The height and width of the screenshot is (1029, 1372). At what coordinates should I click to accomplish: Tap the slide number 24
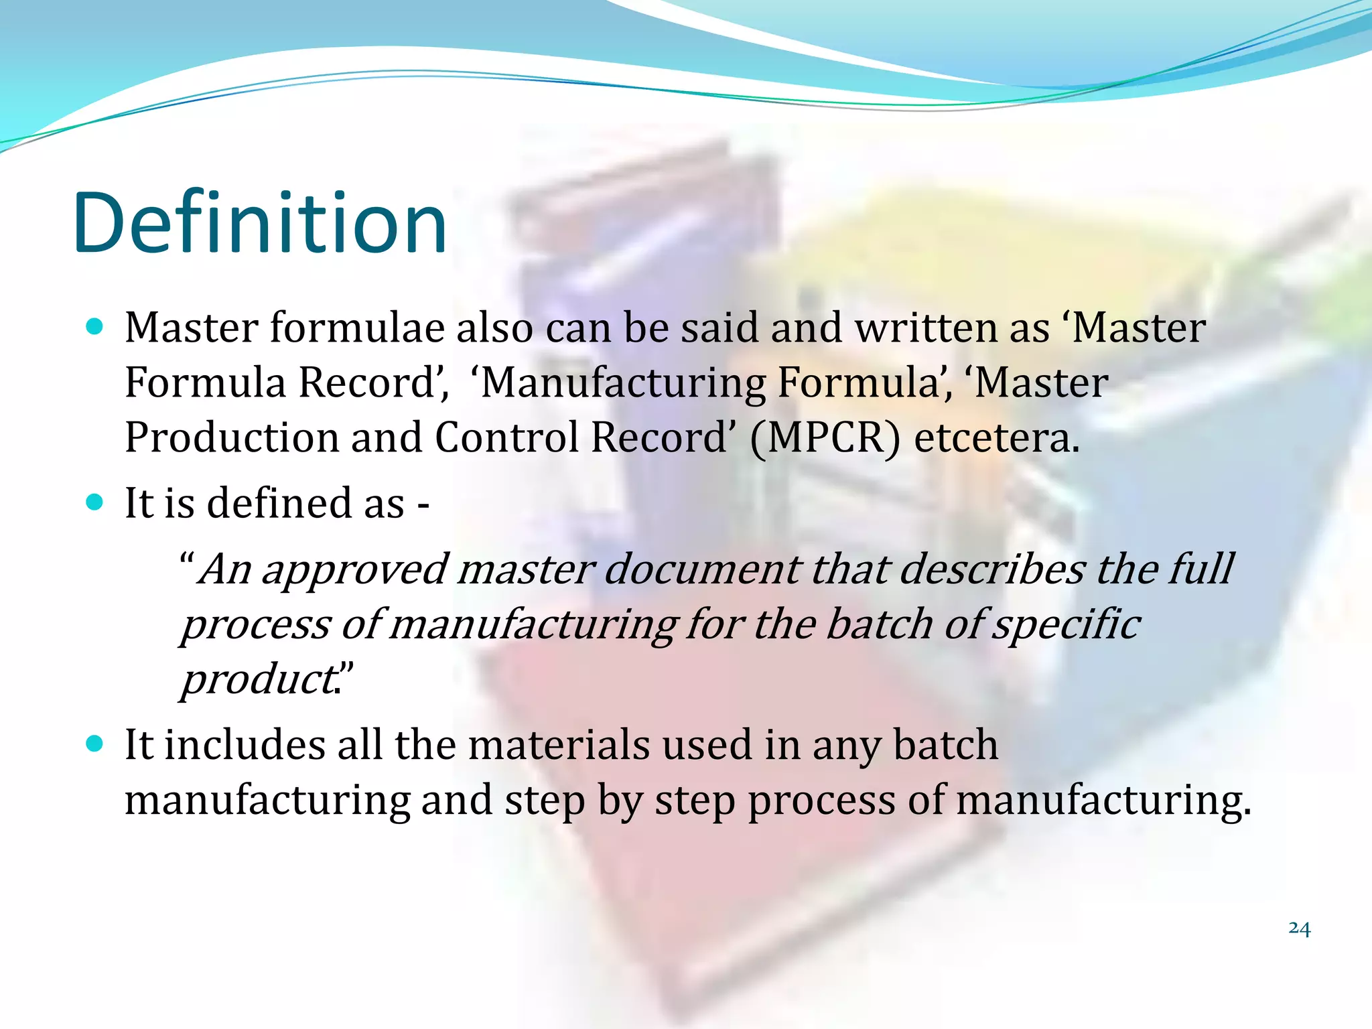click(1299, 928)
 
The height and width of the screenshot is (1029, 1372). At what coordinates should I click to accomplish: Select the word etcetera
click(997, 438)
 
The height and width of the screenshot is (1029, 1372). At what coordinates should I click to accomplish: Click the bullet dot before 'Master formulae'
click(95, 327)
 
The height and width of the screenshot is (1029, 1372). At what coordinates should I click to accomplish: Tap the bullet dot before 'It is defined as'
click(95, 502)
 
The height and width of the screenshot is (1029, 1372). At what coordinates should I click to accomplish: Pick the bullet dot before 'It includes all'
click(95, 744)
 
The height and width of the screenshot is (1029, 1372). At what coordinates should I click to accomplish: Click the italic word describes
click(991, 569)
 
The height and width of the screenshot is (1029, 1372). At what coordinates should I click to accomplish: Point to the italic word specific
click(1067, 625)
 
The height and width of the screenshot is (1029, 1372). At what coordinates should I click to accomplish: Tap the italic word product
click(259, 681)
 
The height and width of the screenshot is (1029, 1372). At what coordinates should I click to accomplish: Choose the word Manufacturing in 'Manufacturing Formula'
click(623, 383)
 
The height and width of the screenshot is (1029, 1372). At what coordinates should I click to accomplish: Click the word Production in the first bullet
click(231, 438)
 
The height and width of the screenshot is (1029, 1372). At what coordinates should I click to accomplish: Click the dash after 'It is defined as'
click(423, 504)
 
